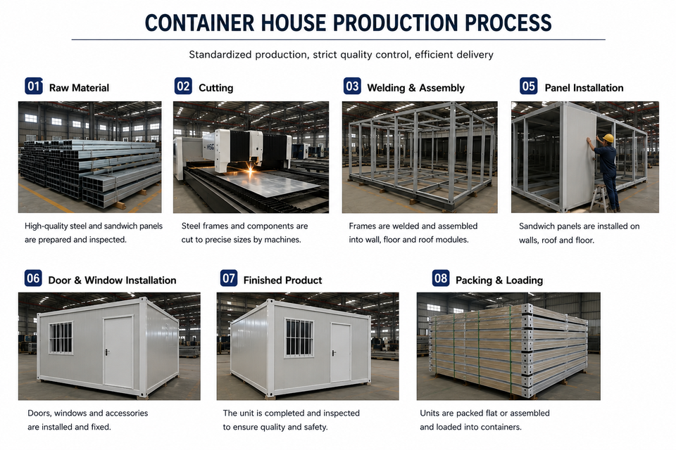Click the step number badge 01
pyautogui.click(x=33, y=86)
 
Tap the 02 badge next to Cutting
pyautogui.click(x=183, y=86)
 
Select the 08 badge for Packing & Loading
pyautogui.click(x=441, y=278)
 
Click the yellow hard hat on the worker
pyautogui.click(x=608, y=138)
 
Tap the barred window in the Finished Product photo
pyautogui.click(x=299, y=338)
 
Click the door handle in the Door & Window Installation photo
pyautogui.click(x=107, y=352)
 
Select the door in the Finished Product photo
pyautogui.click(x=341, y=353)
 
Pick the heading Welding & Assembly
pyautogui.click(x=416, y=88)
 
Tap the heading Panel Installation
pyautogui.click(x=584, y=88)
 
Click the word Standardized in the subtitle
pyautogui.click(x=220, y=55)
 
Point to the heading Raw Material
pyautogui.click(x=79, y=88)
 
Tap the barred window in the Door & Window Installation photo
pyautogui.click(x=61, y=338)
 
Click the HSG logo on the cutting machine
pyautogui.click(x=209, y=147)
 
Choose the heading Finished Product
pyautogui.click(x=283, y=281)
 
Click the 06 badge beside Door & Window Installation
pyautogui.click(x=33, y=278)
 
